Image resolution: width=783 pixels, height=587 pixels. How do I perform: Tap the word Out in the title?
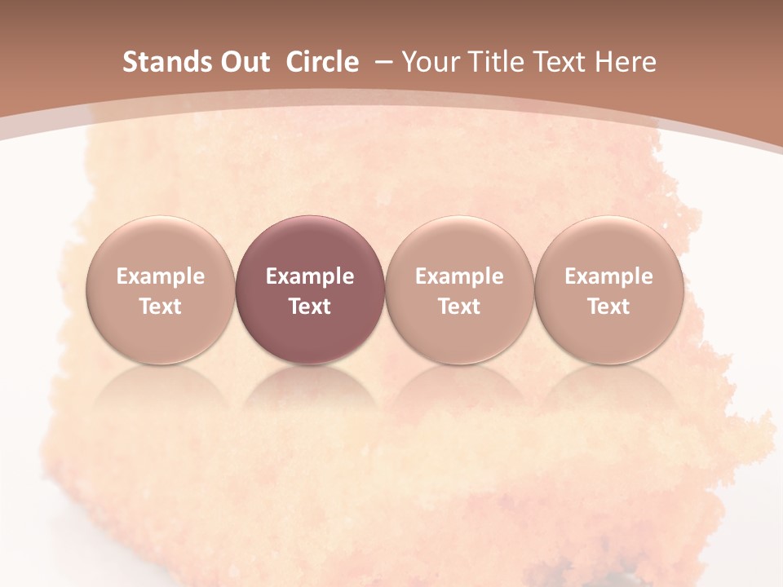(x=243, y=62)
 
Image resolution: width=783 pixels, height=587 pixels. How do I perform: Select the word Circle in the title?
(x=322, y=62)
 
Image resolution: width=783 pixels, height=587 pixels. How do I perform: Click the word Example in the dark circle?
(x=310, y=276)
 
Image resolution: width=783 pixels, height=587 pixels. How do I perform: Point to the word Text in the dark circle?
(x=310, y=307)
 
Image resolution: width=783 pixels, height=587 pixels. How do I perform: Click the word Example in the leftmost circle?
(x=161, y=276)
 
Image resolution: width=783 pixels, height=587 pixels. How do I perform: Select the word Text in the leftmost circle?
(x=161, y=307)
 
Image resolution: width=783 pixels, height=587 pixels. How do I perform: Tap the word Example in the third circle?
(x=459, y=276)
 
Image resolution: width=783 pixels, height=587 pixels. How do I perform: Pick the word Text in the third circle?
(x=459, y=307)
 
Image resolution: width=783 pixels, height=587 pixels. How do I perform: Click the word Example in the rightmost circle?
(x=608, y=276)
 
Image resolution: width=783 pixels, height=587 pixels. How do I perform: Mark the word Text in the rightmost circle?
(x=608, y=307)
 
